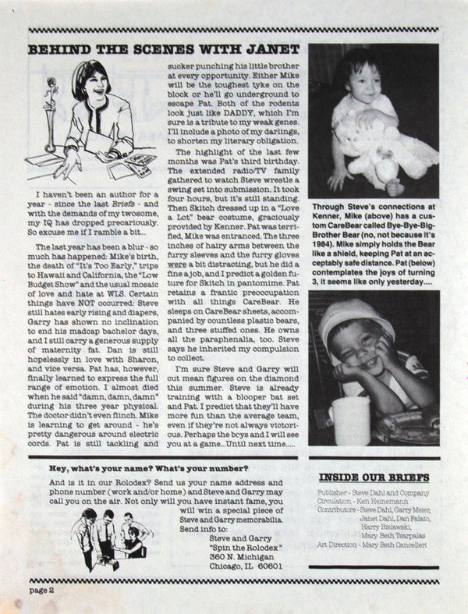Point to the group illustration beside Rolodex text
[112, 538]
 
